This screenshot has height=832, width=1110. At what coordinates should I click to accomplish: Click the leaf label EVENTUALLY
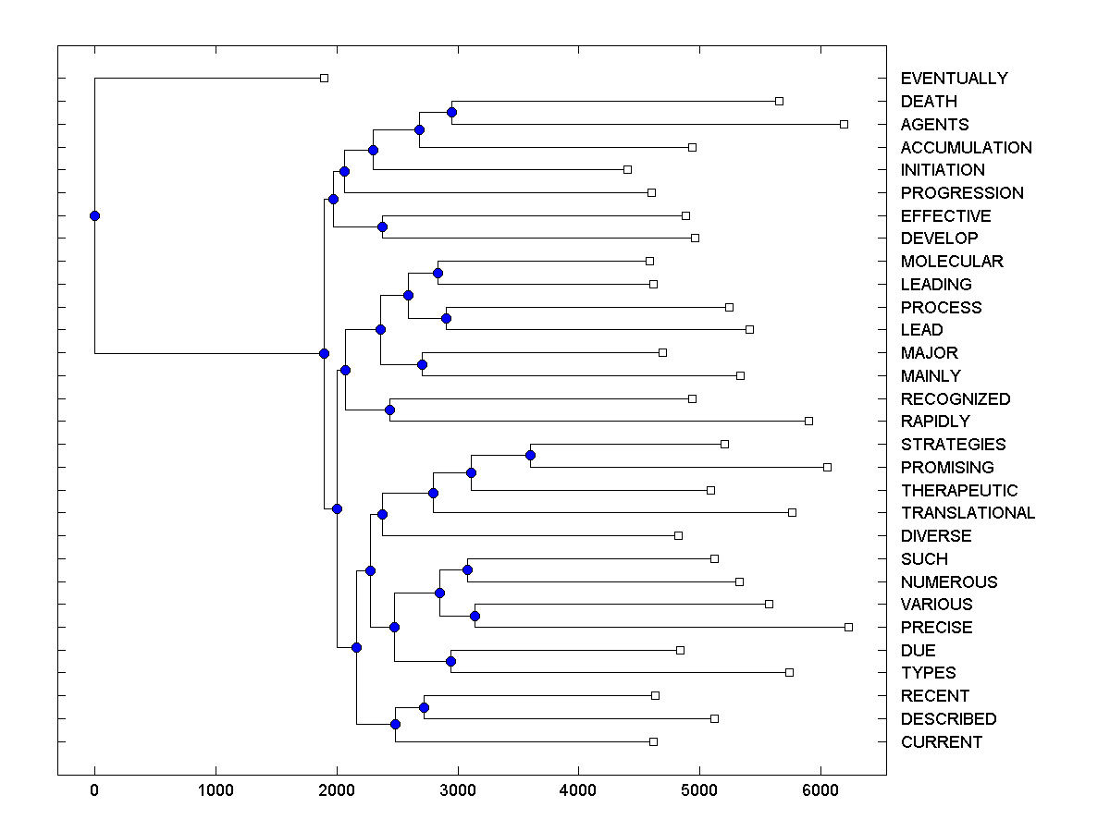coord(954,79)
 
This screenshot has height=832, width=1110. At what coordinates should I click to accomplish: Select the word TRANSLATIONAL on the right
coord(968,513)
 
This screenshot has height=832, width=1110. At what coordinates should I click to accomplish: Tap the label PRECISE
coord(936,628)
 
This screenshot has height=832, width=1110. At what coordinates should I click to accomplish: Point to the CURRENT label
coord(941,742)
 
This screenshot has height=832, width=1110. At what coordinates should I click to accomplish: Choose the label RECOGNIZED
coord(955,399)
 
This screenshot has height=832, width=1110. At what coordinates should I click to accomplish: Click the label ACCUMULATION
coord(966,148)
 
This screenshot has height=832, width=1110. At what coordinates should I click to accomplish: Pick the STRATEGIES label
coord(953,445)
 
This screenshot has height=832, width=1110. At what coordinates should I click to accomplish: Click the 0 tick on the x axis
coord(94,791)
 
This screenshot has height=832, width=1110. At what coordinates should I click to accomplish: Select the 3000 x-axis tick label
coord(457,791)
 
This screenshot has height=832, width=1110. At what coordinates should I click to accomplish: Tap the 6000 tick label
coord(820,791)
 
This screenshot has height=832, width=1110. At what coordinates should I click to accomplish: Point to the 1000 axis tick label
coord(216,791)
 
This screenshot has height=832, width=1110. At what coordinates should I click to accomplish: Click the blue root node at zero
coord(94,215)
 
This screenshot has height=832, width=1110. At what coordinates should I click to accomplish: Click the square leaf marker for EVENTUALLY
coord(324,78)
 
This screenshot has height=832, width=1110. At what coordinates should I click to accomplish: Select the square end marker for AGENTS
coord(844,124)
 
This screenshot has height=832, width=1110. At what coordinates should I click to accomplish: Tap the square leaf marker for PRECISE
coord(848,627)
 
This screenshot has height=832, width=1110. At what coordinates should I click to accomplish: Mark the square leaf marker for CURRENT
coord(653,741)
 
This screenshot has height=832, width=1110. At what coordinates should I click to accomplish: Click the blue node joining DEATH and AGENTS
coord(451,112)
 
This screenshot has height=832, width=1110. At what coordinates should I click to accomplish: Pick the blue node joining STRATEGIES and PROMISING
coord(530,455)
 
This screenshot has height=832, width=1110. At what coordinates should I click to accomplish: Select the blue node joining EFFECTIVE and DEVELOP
coord(382,226)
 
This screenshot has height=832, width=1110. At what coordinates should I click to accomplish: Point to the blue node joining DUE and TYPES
coord(450,661)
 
